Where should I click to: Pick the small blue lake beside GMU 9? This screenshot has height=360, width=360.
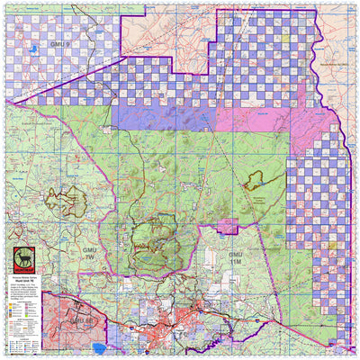(x=34, y=49)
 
